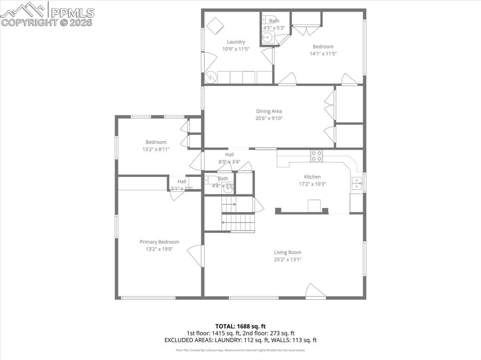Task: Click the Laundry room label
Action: [x=236, y=42]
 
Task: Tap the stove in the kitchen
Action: [x=316, y=156]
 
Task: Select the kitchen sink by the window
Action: [x=357, y=183]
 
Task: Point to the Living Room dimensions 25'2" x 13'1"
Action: [x=288, y=259]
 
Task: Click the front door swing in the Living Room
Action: [x=314, y=291]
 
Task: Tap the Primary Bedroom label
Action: [x=159, y=242]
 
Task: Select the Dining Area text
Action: [x=269, y=111]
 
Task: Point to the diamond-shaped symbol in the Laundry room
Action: [x=216, y=25]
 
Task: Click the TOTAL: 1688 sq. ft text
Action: [x=240, y=326]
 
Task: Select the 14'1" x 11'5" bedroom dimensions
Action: [x=323, y=54]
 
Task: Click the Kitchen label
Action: [x=312, y=177]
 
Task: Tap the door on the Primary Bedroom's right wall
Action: [x=196, y=255]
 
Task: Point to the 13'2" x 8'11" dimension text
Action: [x=156, y=149]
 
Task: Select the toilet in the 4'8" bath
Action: [x=211, y=180]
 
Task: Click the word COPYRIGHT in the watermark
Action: [x=29, y=22]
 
